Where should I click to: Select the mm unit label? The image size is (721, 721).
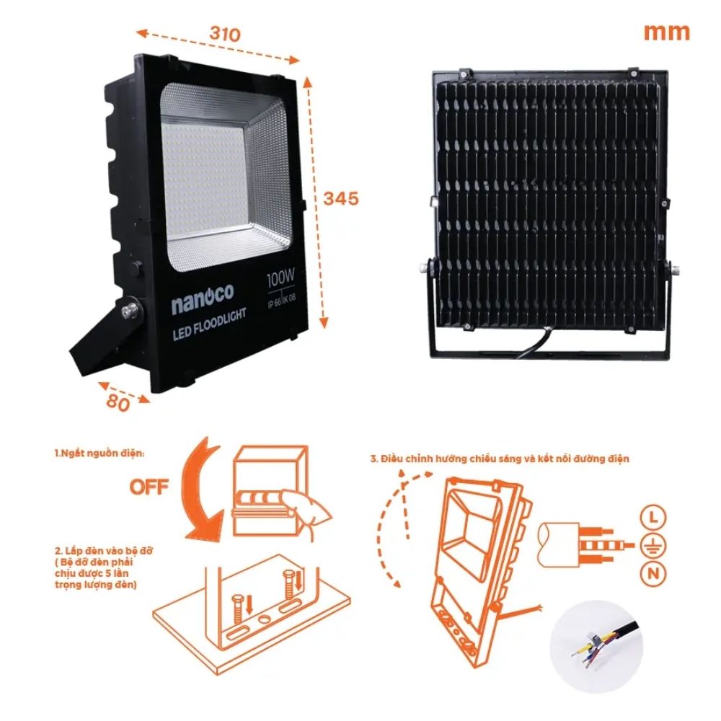[x=666, y=32]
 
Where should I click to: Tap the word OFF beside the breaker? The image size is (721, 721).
[x=149, y=487]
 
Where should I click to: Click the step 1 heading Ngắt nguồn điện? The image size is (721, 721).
[x=99, y=454]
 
